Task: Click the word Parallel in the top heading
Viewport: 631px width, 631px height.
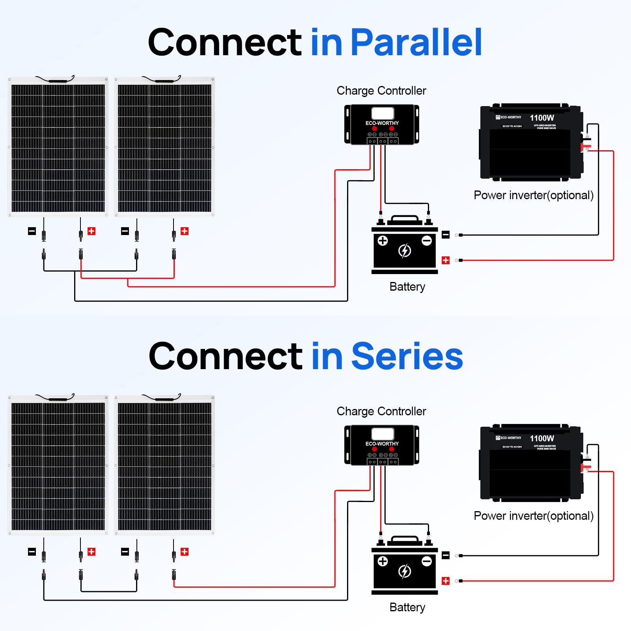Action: coord(416,42)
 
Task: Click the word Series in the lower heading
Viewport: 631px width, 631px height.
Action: coord(407,356)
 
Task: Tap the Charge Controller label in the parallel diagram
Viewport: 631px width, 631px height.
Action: coord(381,91)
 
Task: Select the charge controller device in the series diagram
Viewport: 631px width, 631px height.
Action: coord(381,445)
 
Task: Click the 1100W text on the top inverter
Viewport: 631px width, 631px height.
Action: coord(541,118)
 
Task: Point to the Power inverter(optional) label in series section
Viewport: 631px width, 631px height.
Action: coord(533,516)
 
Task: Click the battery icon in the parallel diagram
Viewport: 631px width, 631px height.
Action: coord(405,246)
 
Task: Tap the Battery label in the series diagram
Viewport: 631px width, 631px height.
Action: coord(407,607)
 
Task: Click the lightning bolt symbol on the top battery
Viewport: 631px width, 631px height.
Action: coord(405,250)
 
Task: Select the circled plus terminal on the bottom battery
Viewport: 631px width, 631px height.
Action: coord(383,561)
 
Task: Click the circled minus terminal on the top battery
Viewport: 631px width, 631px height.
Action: coord(427,241)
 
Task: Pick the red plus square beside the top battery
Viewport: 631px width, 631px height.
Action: coord(446,260)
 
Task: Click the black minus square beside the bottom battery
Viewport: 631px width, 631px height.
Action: coord(446,555)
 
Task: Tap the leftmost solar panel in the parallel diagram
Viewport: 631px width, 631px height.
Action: coord(58,147)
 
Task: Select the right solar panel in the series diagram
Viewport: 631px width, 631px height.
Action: coord(164,465)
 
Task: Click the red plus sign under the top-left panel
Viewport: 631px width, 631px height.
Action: coord(91,231)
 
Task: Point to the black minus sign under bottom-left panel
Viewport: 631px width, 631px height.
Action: coord(32,552)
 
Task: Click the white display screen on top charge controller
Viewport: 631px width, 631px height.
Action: coord(382,113)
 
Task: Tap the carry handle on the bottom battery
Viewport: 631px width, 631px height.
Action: coord(404,539)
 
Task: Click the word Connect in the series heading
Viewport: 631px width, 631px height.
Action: coord(225,356)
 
